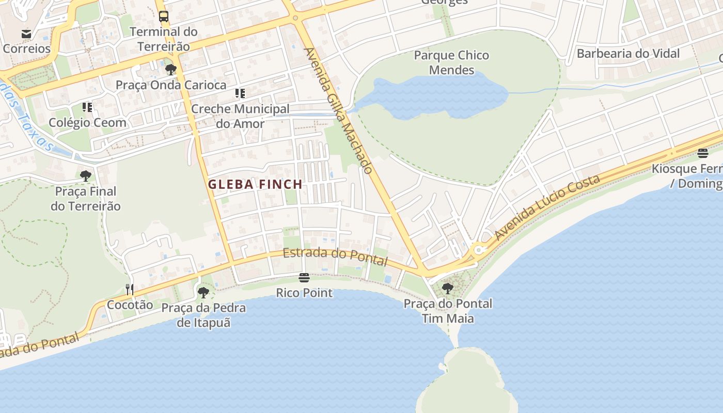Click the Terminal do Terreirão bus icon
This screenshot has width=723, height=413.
(x=164, y=17)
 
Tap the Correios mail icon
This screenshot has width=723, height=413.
(x=26, y=34)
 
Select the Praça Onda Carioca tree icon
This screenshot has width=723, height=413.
(x=170, y=70)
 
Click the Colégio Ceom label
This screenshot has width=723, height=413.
(x=87, y=122)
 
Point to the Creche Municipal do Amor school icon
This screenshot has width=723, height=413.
(x=240, y=93)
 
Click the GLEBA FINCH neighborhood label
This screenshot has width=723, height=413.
(x=255, y=184)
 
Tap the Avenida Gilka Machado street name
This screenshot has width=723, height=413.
(x=339, y=111)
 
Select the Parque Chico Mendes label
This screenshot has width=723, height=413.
(x=451, y=62)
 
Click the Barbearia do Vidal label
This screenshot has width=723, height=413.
(x=628, y=54)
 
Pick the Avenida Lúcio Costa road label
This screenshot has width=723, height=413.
(x=547, y=206)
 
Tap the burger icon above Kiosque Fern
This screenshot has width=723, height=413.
(x=702, y=153)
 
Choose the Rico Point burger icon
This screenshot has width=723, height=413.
(x=304, y=278)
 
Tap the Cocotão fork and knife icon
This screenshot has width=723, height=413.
(x=130, y=289)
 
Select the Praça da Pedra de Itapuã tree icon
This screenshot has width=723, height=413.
(x=203, y=293)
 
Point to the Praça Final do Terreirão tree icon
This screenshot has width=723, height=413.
(x=86, y=176)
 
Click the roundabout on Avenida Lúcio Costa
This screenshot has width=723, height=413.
(x=479, y=250)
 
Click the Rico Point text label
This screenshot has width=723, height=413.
(x=304, y=293)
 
